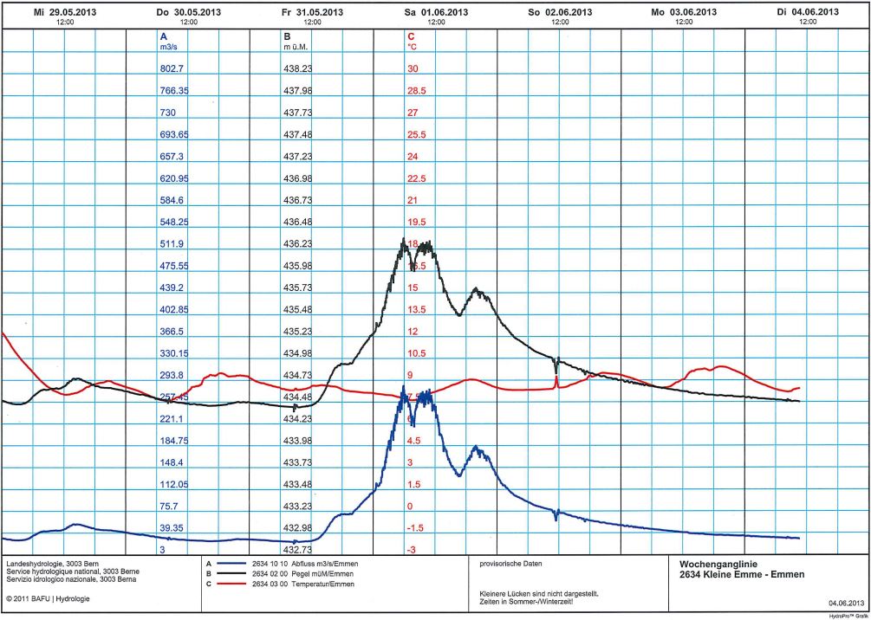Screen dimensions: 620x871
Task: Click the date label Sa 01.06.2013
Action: [x=437, y=12]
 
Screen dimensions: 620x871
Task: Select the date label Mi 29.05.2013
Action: [x=65, y=12]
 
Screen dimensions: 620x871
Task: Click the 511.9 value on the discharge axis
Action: [x=173, y=243]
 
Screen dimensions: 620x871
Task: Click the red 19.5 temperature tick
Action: [x=416, y=222]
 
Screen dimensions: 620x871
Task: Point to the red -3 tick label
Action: [x=413, y=550]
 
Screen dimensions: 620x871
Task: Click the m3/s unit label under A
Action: [x=169, y=47]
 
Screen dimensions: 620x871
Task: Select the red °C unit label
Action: [x=413, y=47]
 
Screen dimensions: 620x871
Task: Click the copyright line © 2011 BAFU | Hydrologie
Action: [x=51, y=598]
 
